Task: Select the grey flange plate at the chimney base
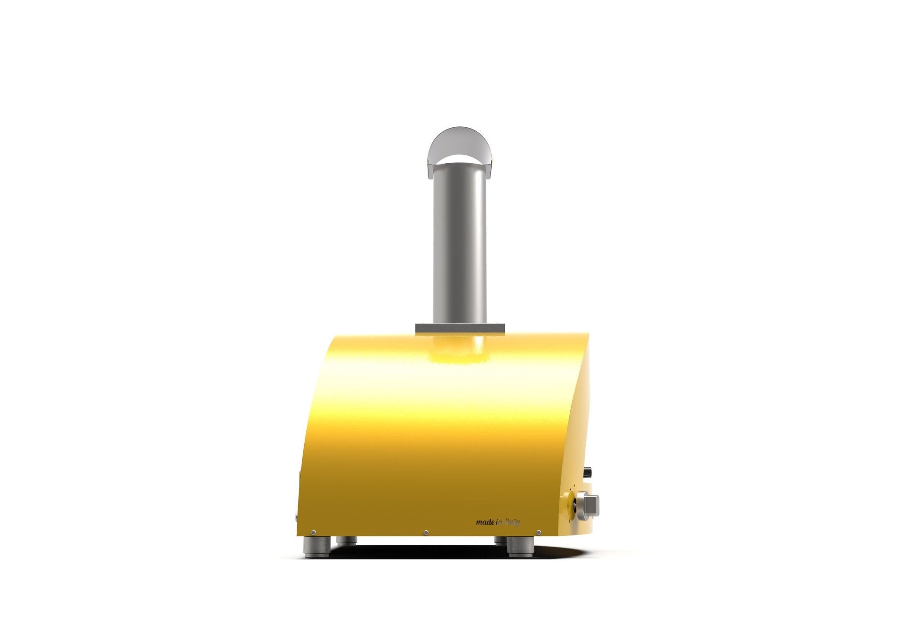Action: pyautogui.click(x=460, y=328)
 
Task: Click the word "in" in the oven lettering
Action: pyautogui.click(x=499, y=522)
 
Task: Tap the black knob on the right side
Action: pyautogui.click(x=588, y=471)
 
